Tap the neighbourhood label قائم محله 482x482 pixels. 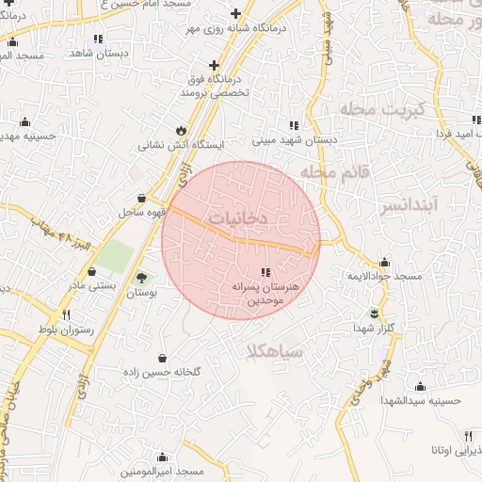[x=330, y=172]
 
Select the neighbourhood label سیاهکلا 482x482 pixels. [x=273, y=351]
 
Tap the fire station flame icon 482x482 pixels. [x=181, y=130]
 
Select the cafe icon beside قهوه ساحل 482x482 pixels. [x=141, y=198]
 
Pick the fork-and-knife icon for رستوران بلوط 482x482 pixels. [x=66, y=314]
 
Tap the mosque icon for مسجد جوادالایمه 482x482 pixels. [x=383, y=262]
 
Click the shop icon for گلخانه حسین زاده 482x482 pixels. [x=163, y=358]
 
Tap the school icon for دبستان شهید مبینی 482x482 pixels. [x=294, y=124]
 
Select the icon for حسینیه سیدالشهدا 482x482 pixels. [x=420, y=386]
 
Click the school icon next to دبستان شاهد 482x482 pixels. [x=98, y=39]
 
